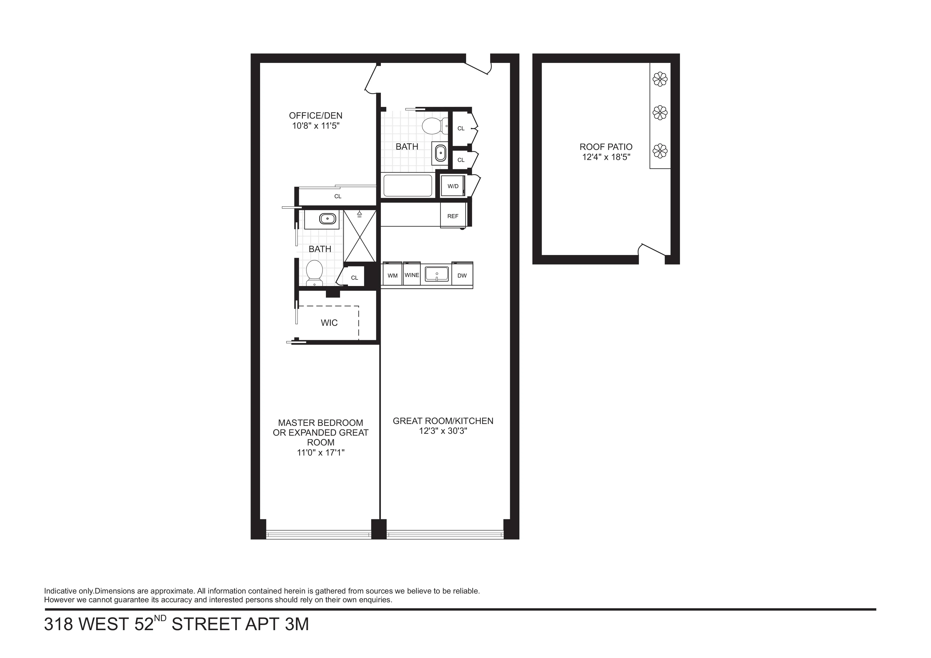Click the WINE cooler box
[412, 275]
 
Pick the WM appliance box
[393, 276]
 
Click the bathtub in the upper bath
[408, 186]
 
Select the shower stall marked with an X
[360, 236]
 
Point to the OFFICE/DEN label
[316, 115]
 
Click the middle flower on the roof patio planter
[660, 112]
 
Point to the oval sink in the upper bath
[440, 153]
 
